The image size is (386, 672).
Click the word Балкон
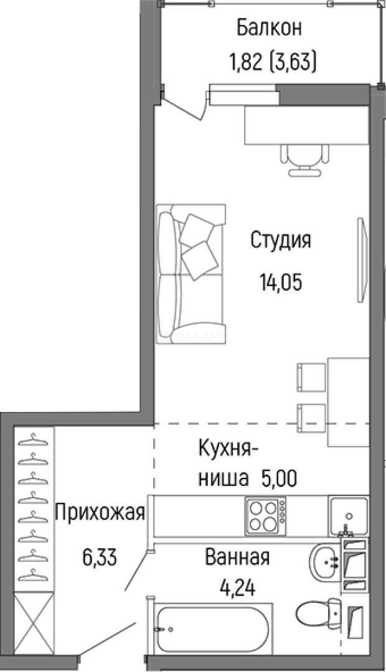[269, 28]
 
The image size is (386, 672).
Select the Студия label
[280, 240]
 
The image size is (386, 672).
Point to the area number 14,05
[280, 282]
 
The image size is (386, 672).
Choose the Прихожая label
[100, 513]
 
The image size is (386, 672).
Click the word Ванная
[237, 557]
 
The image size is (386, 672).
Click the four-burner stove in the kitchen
[267, 515]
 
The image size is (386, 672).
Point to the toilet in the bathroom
[318, 612]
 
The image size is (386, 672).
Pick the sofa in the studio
[190, 274]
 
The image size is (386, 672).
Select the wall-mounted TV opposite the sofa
[360, 260]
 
